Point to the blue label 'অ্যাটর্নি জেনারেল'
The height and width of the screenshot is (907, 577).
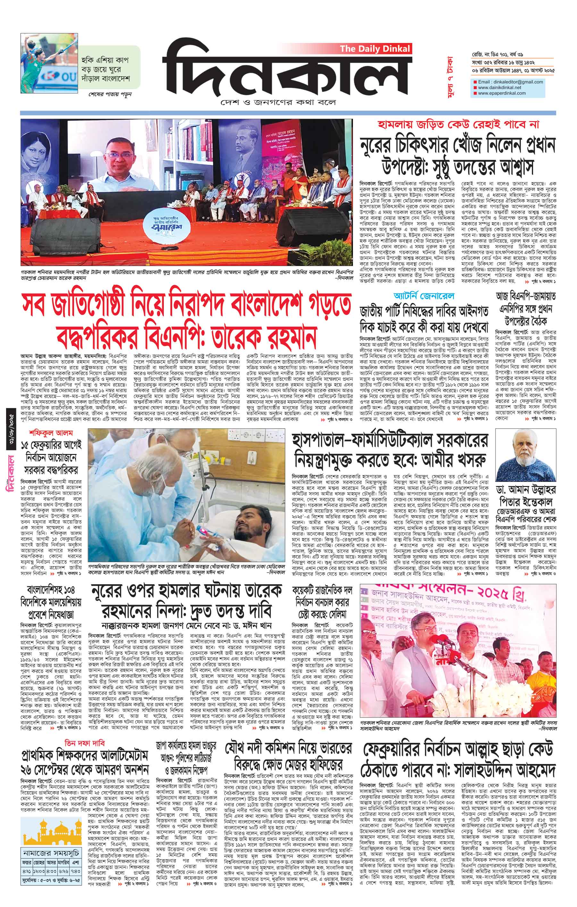(424, 296)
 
